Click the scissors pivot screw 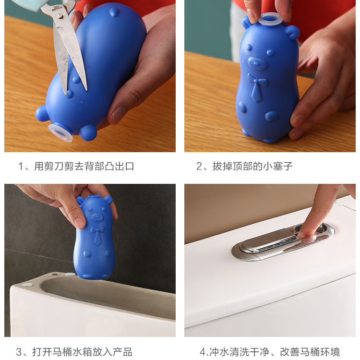click(x=60, y=15)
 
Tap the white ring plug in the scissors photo click(x=60, y=132)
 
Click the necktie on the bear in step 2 click(x=257, y=88)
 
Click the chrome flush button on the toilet click(x=282, y=241)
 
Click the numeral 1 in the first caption click(x=21, y=166)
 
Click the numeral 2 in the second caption click(x=199, y=166)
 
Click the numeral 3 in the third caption click(x=19, y=352)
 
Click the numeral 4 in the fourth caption click(x=202, y=352)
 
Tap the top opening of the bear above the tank click(x=94, y=197)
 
